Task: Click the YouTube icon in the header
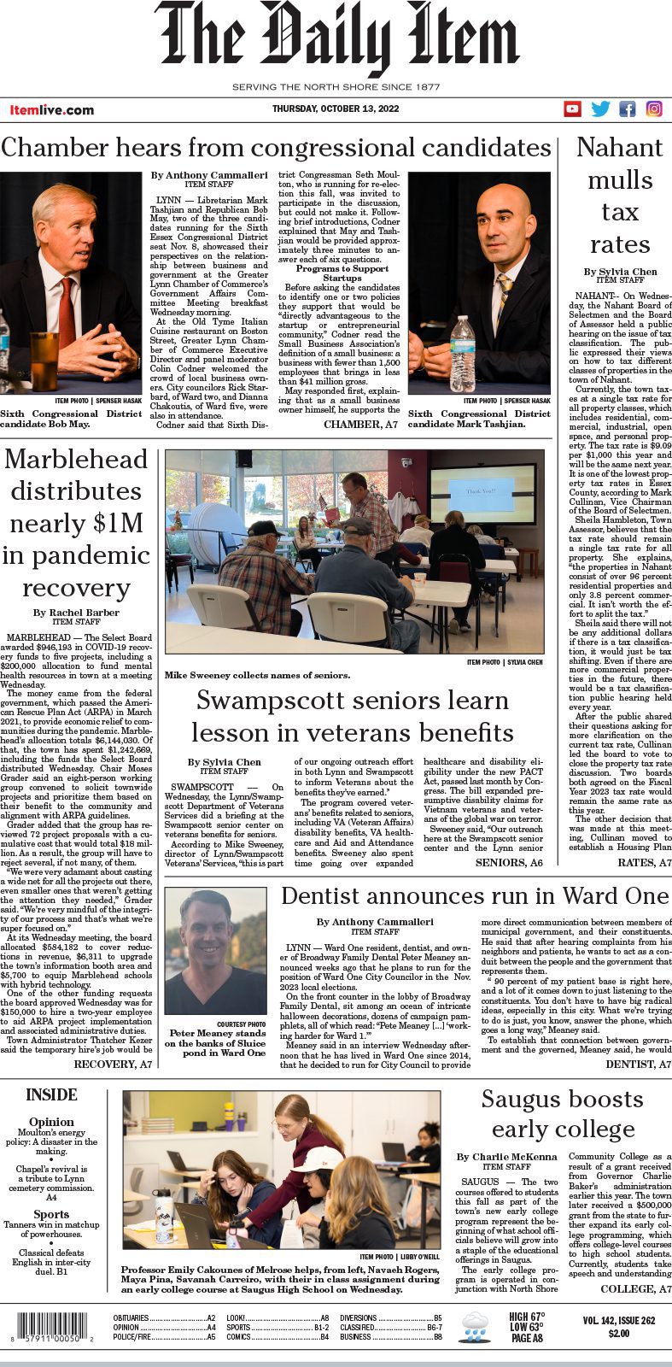572,109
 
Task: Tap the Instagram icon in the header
654,109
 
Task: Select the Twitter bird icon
600,109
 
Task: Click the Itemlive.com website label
52,110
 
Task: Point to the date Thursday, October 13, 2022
336,109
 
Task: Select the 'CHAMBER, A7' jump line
360,424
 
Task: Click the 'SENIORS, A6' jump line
508,863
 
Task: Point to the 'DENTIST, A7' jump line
638,1064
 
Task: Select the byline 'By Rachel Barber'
76,613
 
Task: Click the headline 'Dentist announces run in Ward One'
475,895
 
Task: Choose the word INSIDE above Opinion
51,1094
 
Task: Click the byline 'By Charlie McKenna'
505,1157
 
